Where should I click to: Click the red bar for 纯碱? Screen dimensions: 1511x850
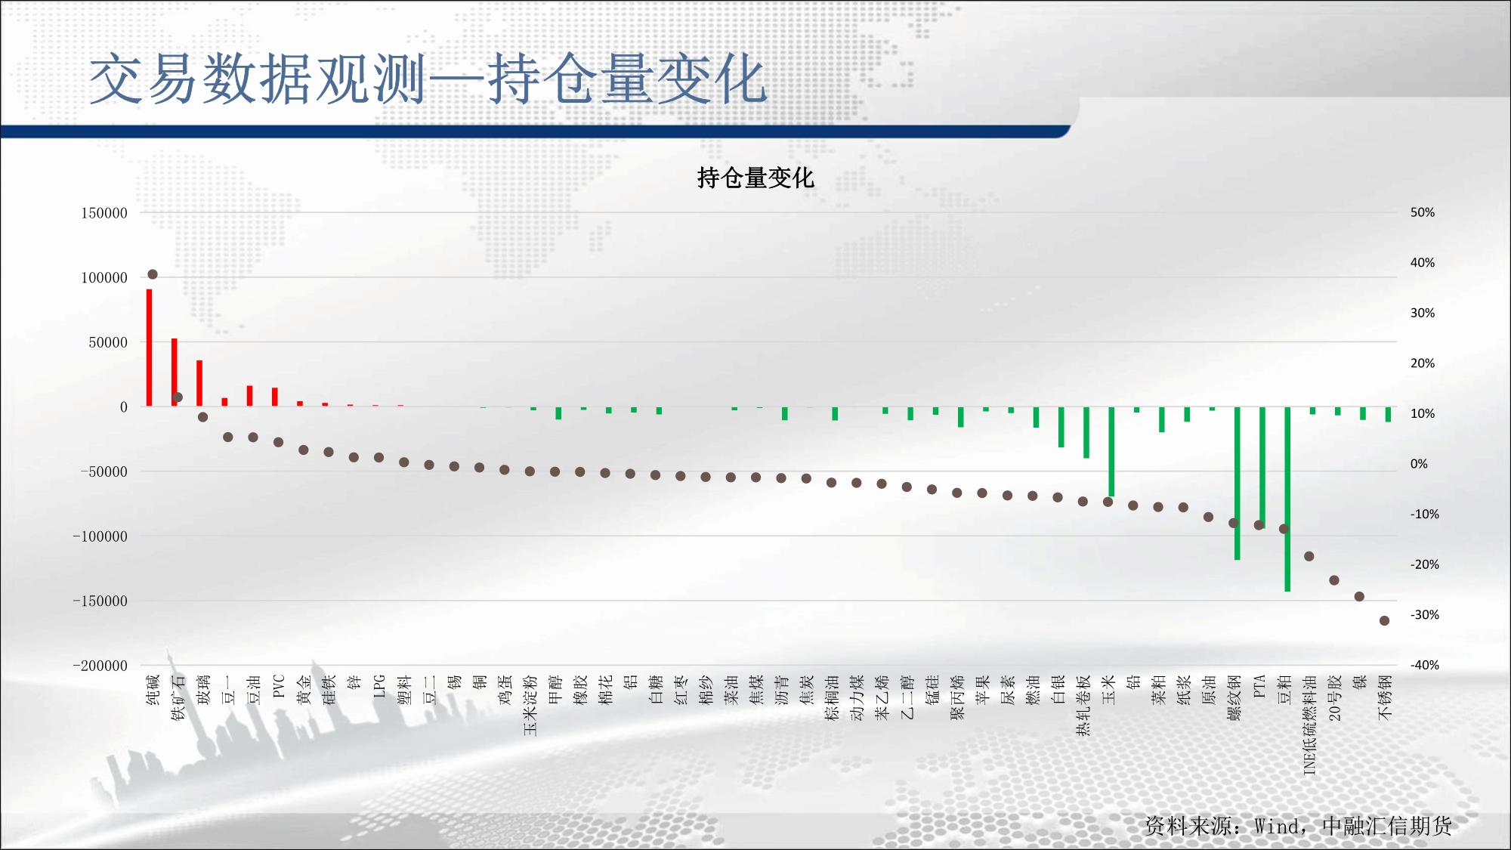(150, 348)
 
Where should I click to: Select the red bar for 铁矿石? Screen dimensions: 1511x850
(175, 372)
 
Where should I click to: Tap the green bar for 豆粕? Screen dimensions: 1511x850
(1287, 499)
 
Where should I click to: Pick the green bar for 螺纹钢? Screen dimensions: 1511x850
(1238, 484)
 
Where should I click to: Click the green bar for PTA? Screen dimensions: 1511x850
(1262, 468)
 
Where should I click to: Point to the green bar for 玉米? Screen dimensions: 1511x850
(1111, 452)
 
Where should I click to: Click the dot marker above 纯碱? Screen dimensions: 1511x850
(153, 274)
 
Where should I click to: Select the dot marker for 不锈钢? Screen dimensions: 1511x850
(1384, 621)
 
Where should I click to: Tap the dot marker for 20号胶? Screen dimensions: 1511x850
(1334, 580)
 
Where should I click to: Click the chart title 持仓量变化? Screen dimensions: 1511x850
(755, 178)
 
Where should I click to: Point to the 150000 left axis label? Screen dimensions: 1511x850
(104, 213)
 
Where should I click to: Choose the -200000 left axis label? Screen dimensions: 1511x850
(100, 666)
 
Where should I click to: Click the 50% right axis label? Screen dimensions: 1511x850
(1423, 212)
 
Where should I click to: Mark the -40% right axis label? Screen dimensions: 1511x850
(1425, 665)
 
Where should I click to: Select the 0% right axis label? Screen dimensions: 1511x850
(1420, 464)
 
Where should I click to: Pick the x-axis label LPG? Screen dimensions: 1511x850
(379, 686)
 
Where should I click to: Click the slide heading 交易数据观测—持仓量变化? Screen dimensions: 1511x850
(428, 79)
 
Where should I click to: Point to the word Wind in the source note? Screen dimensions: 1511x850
(1278, 827)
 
